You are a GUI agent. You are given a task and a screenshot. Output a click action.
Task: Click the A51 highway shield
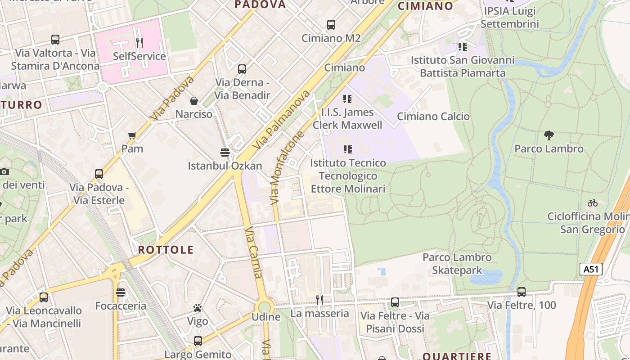(590, 269)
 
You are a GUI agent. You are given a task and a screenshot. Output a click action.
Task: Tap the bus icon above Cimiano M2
(331, 25)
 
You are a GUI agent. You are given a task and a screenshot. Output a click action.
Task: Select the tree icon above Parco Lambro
(549, 135)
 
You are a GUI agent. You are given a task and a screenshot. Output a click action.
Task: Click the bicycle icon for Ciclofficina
(593, 203)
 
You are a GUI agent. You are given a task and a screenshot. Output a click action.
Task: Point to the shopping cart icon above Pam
(132, 135)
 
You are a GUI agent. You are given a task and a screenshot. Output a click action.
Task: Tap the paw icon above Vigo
(198, 308)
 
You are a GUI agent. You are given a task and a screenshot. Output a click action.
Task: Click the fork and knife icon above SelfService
(139, 43)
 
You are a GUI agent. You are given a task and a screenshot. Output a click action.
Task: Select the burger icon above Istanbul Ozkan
(225, 152)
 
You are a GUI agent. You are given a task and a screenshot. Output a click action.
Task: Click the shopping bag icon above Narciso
(193, 100)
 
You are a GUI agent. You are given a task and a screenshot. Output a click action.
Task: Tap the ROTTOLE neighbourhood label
(166, 250)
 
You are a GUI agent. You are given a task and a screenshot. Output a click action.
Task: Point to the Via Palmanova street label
(282, 120)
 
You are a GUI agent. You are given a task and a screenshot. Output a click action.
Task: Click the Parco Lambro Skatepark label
(457, 264)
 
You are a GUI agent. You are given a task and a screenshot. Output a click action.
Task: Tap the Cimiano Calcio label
(433, 117)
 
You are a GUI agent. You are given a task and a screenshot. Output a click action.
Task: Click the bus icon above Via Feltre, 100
(522, 292)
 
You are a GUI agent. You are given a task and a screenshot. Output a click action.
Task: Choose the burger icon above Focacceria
(120, 292)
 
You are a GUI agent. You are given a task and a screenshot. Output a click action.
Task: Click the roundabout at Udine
(265, 307)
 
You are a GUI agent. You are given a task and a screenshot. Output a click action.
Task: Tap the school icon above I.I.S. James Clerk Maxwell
(347, 99)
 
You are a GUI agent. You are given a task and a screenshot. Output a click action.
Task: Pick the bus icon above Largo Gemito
(198, 341)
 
